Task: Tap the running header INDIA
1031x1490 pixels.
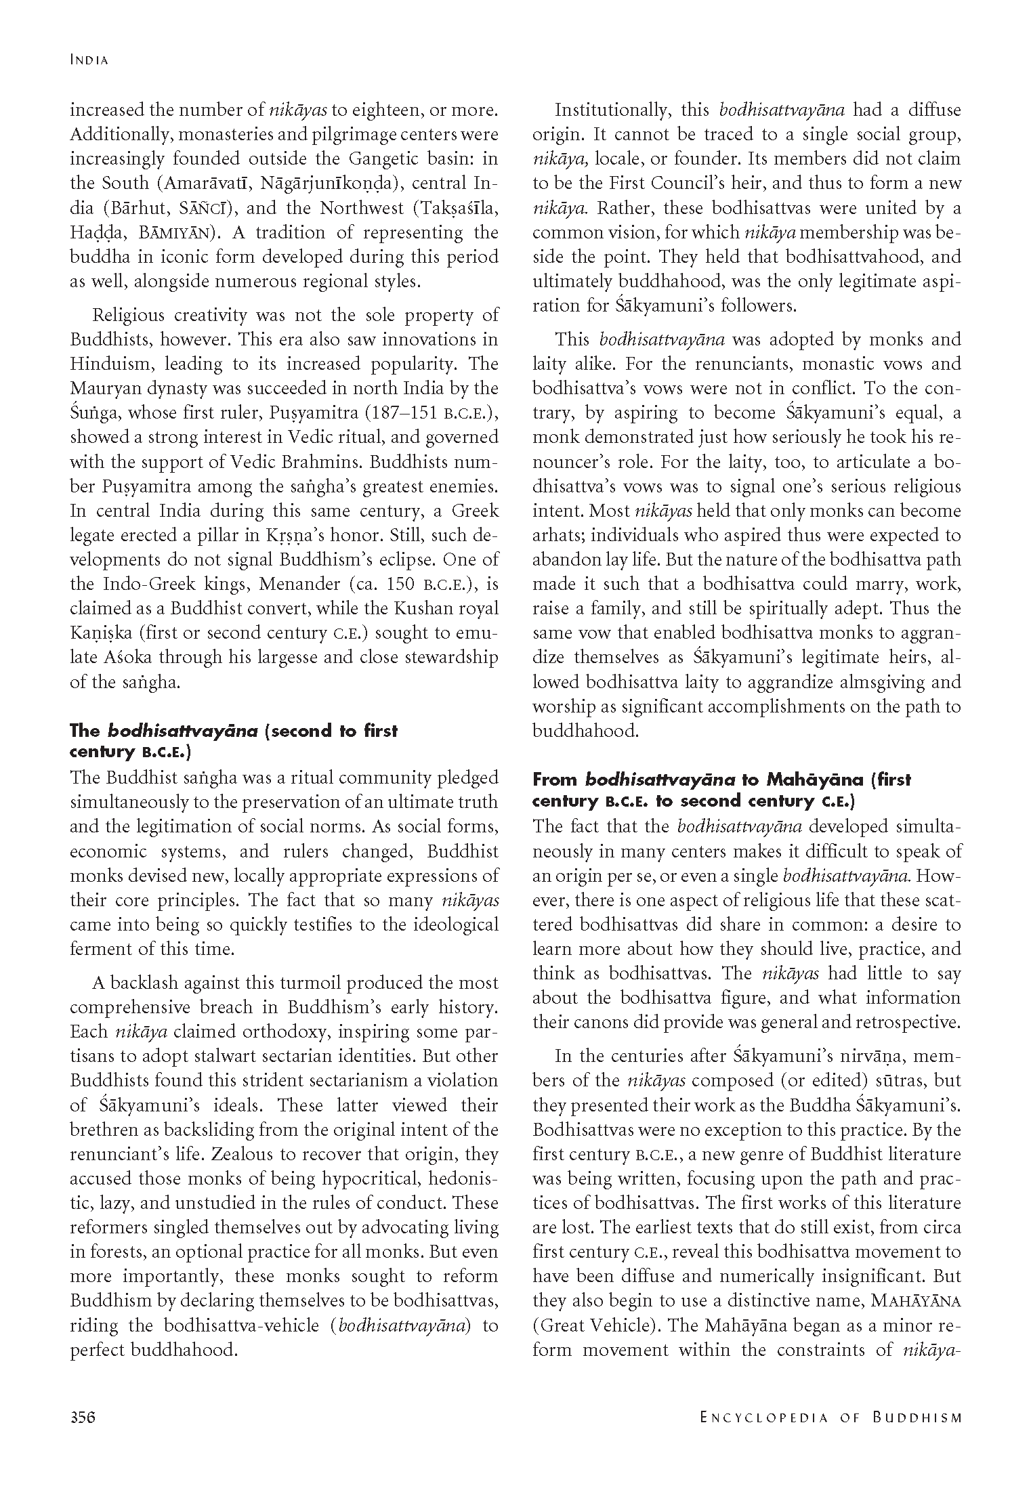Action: coord(89,60)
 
